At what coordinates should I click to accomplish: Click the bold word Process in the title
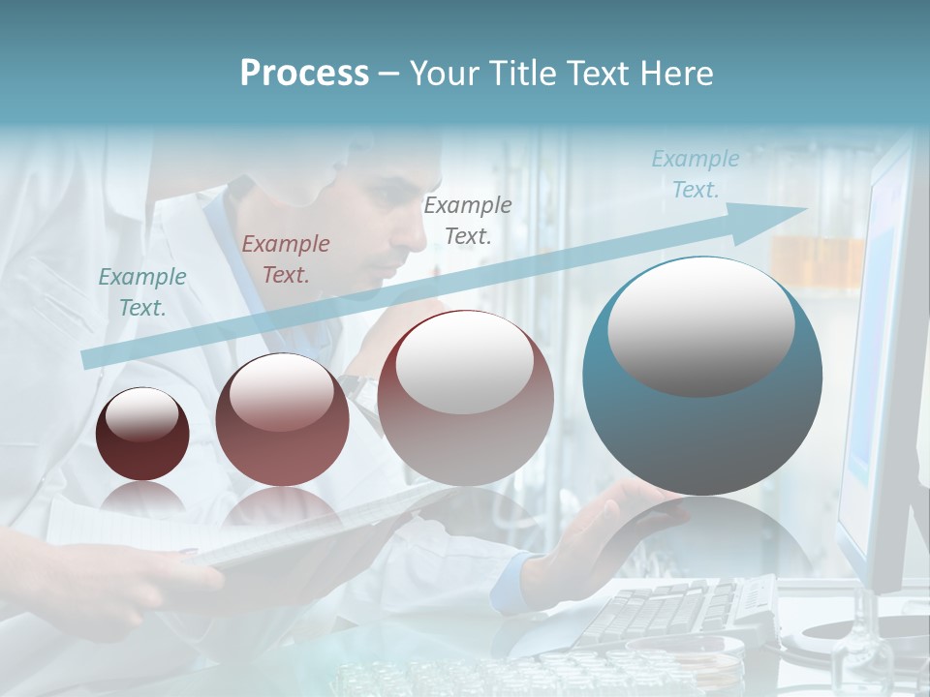(304, 74)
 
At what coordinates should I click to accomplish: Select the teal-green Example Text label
(142, 292)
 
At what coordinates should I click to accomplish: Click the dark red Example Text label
(286, 259)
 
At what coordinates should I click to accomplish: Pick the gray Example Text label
(468, 221)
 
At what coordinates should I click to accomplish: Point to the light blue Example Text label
(696, 174)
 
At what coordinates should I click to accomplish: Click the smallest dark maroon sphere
(142, 435)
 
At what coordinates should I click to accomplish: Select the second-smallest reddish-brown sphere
(282, 420)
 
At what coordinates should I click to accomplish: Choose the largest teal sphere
(702, 378)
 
